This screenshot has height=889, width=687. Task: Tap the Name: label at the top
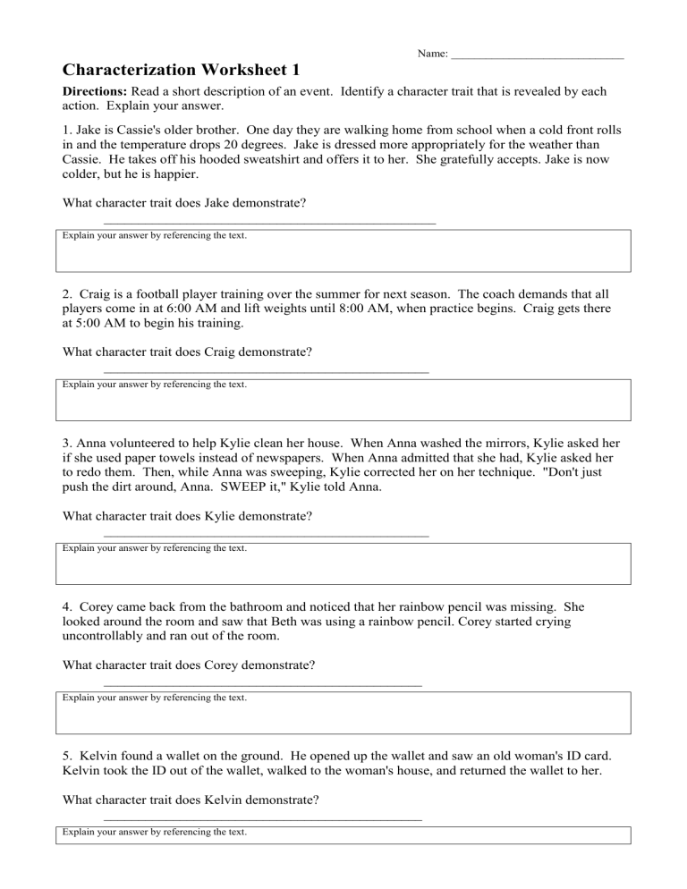click(433, 55)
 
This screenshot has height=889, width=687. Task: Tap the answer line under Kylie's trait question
click(266, 535)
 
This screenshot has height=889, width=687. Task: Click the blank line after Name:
click(537, 57)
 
